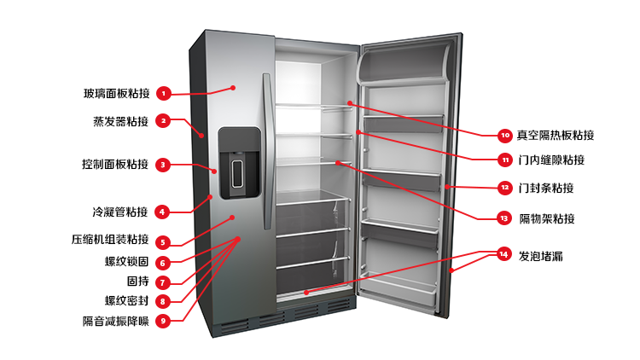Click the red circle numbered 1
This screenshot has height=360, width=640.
pos(163,94)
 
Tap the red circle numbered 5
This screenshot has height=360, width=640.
pos(162,242)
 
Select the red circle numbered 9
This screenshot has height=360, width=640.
pos(163,321)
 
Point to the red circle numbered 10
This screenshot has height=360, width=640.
pos(505,136)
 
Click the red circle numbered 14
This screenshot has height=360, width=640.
pos(503,254)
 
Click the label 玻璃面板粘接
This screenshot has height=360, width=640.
pos(117,94)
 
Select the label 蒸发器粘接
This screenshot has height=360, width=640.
pos(121,121)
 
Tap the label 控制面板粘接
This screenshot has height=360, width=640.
pos(115,164)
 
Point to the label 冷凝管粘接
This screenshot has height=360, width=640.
pos(120,212)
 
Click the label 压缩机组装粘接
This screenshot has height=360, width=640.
pos(110,239)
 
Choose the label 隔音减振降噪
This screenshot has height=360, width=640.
pos(116,322)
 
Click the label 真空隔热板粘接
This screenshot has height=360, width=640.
pos(556,135)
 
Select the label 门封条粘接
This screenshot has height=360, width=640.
pos(546,188)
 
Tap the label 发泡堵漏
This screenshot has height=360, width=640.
pos(541,256)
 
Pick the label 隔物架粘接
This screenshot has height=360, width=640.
pos(547,218)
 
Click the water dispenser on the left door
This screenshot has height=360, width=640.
pos(239,162)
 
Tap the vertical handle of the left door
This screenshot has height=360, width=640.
pos(268,151)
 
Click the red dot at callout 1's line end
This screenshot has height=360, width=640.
pos(233,88)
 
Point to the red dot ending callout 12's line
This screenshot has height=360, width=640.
pos(447,187)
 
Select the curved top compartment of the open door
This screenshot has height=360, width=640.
pos(404,63)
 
